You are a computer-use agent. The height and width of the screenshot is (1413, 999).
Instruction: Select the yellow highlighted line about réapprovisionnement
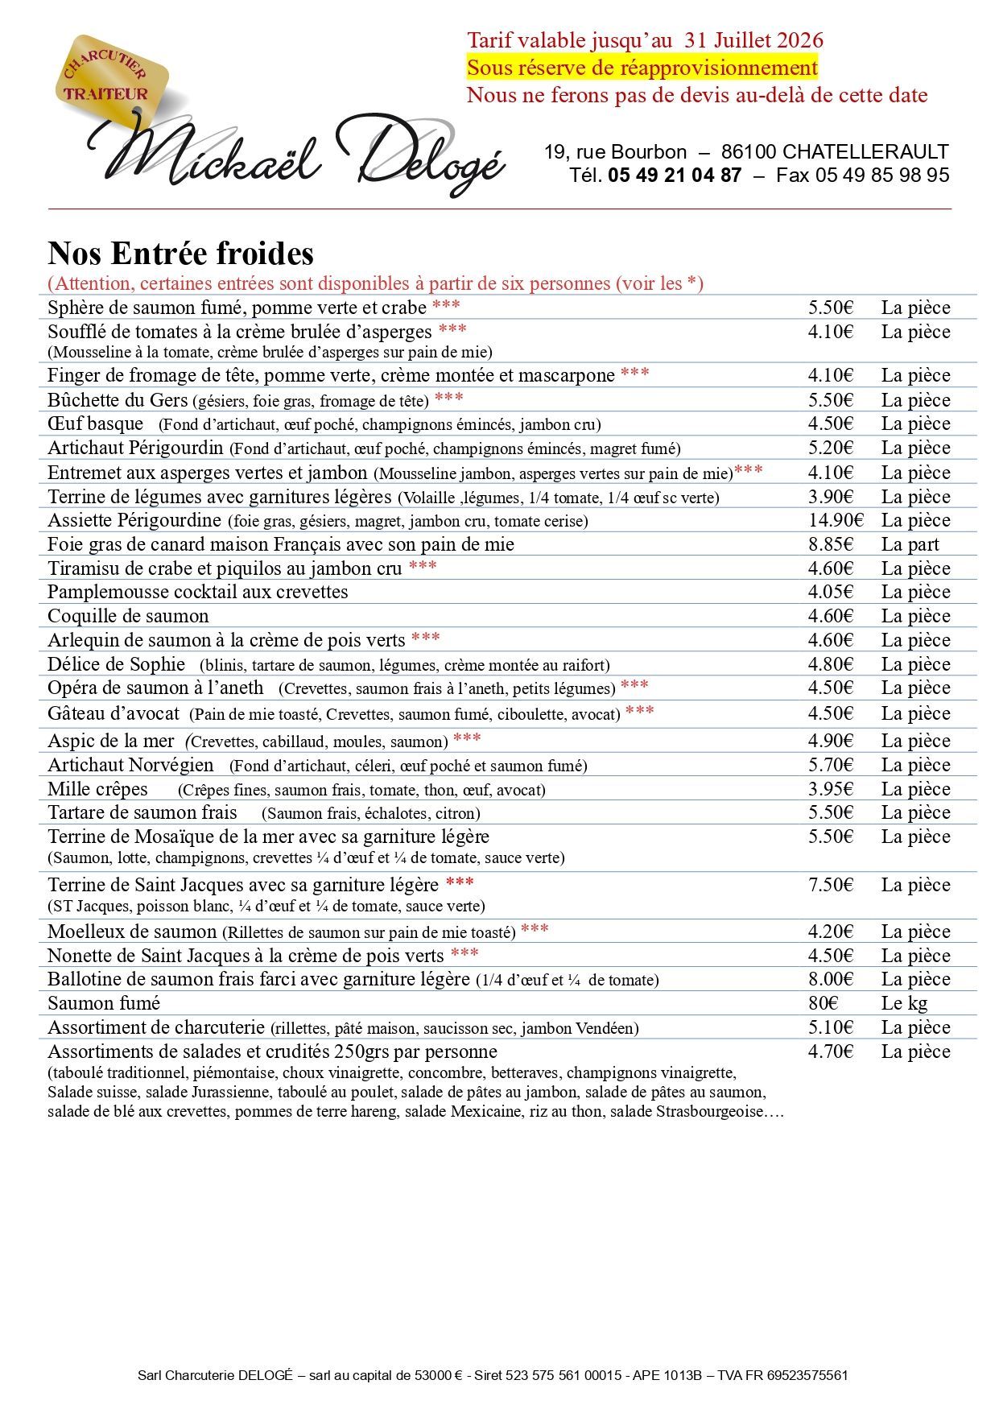tap(642, 68)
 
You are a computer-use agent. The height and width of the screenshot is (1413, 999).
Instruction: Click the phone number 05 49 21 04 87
tap(675, 175)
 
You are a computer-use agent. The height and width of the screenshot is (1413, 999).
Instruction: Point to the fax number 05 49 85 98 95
tap(882, 175)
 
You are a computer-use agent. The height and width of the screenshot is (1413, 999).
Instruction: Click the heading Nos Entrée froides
tap(180, 253)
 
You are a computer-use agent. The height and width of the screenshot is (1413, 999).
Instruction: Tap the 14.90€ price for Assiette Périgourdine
tap(836, 520)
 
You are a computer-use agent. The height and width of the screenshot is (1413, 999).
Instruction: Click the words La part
tap(910, 544)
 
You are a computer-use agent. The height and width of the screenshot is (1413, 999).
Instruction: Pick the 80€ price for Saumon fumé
tap(824, 1003)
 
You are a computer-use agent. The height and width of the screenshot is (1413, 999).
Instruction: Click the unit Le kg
tap(904, 1003)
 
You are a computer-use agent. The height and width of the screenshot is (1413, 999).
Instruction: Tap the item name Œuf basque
tap(95, 423)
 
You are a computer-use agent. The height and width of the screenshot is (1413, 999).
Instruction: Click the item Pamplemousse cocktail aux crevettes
tap(198, 592)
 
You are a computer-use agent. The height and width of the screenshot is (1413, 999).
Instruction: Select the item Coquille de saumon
tap(128, 616)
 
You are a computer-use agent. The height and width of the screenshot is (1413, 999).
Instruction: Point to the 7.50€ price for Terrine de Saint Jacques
tap(831, 885)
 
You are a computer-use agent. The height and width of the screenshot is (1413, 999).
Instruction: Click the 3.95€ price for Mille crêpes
tap(831, 789)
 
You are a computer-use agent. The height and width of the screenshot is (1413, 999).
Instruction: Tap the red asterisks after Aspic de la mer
tap(467, 738)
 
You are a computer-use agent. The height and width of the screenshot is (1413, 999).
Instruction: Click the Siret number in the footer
tap(563, 1375)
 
